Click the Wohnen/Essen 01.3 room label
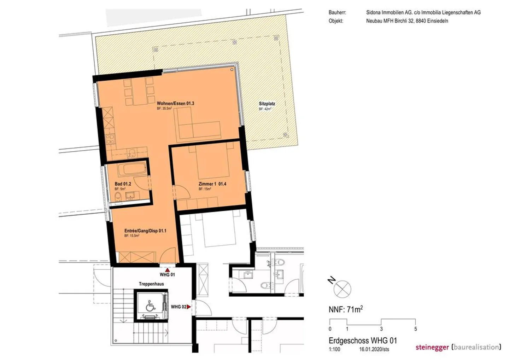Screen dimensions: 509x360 click(x=175, y=104)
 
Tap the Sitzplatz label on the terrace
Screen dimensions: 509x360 click(x=267, y=104)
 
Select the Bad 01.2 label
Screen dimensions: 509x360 click(x=123, y=184)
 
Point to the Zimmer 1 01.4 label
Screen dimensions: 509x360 click(x=212, y=184)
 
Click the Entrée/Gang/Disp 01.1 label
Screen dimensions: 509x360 click(x=145, y=231)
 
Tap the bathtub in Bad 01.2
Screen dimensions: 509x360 click(x=132, y=169)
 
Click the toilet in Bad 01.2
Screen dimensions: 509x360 click(x=118, y=196)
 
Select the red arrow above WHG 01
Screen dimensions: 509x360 click(x=168, y=270)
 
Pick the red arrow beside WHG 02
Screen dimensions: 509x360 click(x=189, y=307)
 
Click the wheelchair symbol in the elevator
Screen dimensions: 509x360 click(x=150, y=306)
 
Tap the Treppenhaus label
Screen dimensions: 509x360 click(x=151, y=284)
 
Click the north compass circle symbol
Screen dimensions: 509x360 click(x=343, y=289)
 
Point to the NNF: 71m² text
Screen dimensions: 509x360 click(x=346, y=309)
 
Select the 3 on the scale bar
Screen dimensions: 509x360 click(x=381, y=329)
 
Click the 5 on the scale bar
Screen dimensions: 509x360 click(x=416, y=329)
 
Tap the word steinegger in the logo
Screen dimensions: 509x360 click(x=432, y=347)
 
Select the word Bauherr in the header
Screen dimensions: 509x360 click(x=337, y=12)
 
